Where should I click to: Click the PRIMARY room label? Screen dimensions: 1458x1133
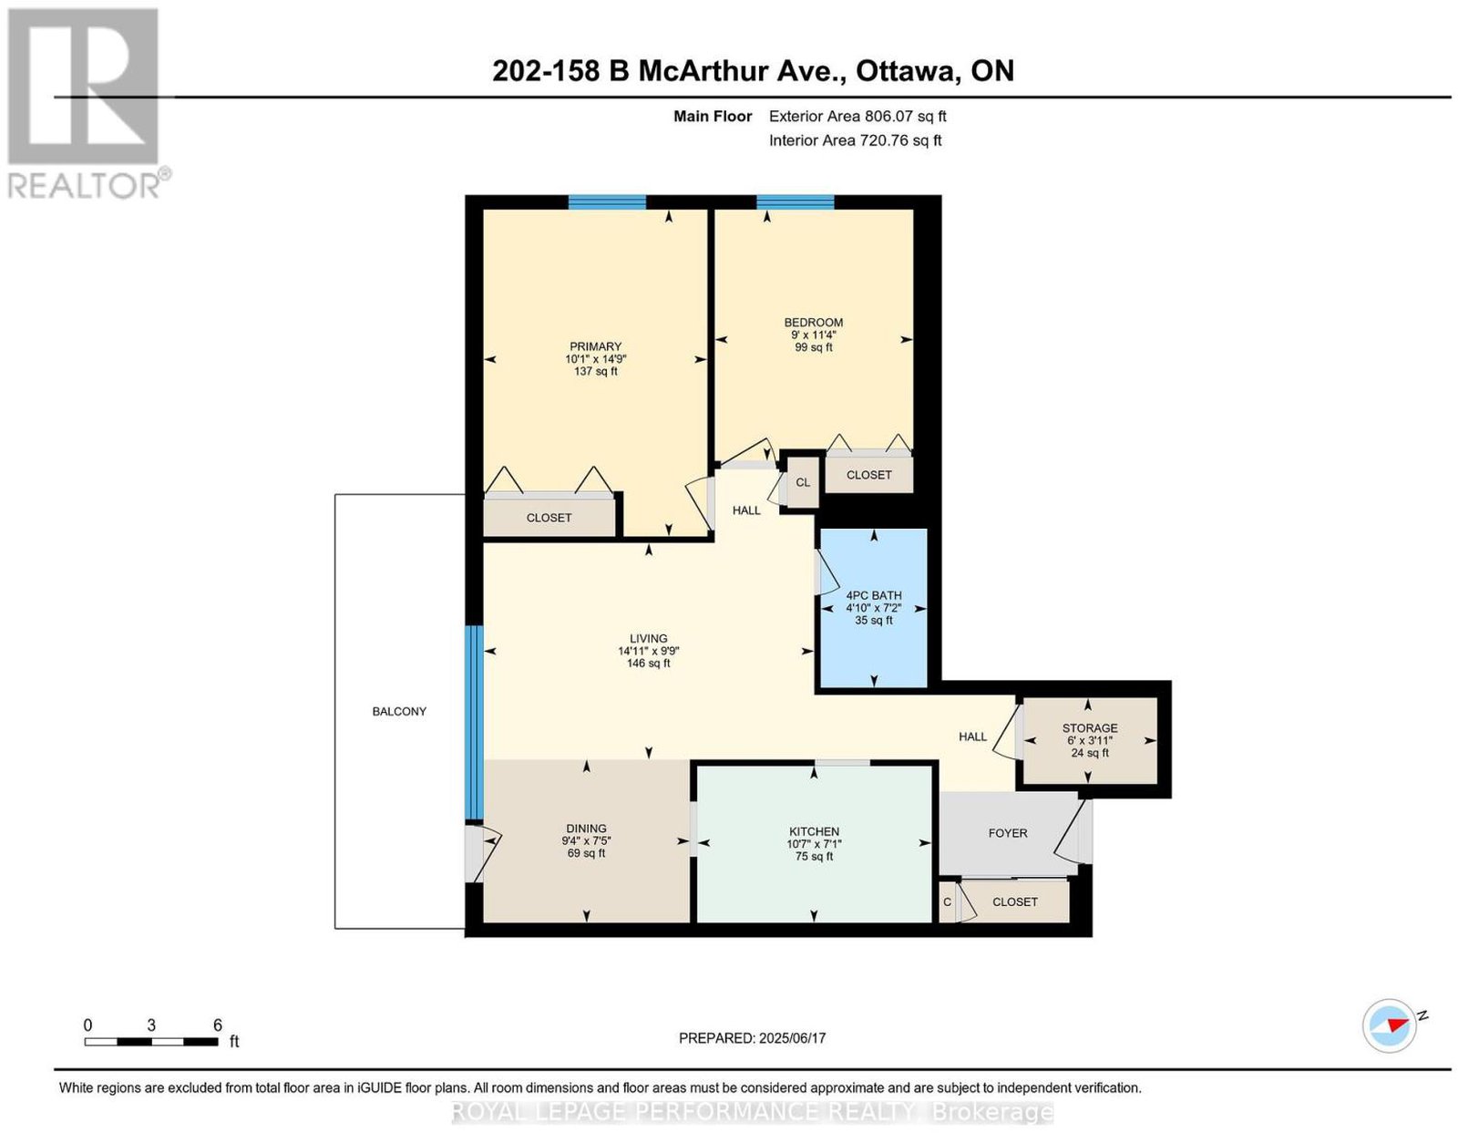[x=595, y=346]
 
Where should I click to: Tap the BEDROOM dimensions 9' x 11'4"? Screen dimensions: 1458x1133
[x=813, y=335]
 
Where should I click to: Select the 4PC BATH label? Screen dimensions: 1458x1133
[x=874, y=595]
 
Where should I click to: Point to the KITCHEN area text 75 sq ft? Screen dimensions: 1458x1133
[x=814, y=857]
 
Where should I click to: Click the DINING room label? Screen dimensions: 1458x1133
[x=586, y=829]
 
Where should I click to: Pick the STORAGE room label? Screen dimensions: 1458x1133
[x=1090, y=727]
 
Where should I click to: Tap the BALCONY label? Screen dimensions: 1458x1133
[x=399, y=711]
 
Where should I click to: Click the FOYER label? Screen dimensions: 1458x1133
[x=1008, y=833]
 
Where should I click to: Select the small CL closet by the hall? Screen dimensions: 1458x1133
[x=803, y=482]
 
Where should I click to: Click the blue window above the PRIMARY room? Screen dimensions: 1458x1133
[x=607, y=202]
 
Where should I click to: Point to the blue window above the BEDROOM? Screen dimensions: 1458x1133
[x=796, y=202]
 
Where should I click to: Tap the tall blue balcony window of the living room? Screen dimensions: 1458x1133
[x=475, y=723]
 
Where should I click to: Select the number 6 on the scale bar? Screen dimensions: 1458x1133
[x=218, y=1025]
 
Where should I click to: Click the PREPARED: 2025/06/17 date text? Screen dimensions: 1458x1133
[x=752, y=1038]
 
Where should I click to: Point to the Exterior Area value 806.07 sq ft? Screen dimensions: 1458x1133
[x=905, y=116]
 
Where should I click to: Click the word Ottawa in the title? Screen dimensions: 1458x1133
[x=905, y=71]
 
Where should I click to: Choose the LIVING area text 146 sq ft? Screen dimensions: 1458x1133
[x=648, y=663]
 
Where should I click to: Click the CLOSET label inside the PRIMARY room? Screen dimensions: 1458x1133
[x=549, y=518]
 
